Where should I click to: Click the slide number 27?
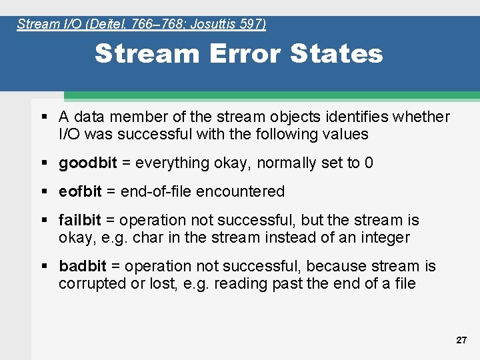(x=461, y=340)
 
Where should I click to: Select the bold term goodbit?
(x=88, y=163)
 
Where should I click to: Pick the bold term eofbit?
(x=80, y=192)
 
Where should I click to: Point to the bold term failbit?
(x=80, y=221)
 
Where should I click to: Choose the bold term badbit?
(x=83, y=267)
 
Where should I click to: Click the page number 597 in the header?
(x=253, y=25)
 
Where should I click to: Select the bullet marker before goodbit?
(x=44, y=163)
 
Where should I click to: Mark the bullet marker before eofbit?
(x=44, y=192)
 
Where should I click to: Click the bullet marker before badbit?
(x=44, y=267)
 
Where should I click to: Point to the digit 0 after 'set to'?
(x=369, y=163)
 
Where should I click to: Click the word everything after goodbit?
(x=170, y=163)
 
